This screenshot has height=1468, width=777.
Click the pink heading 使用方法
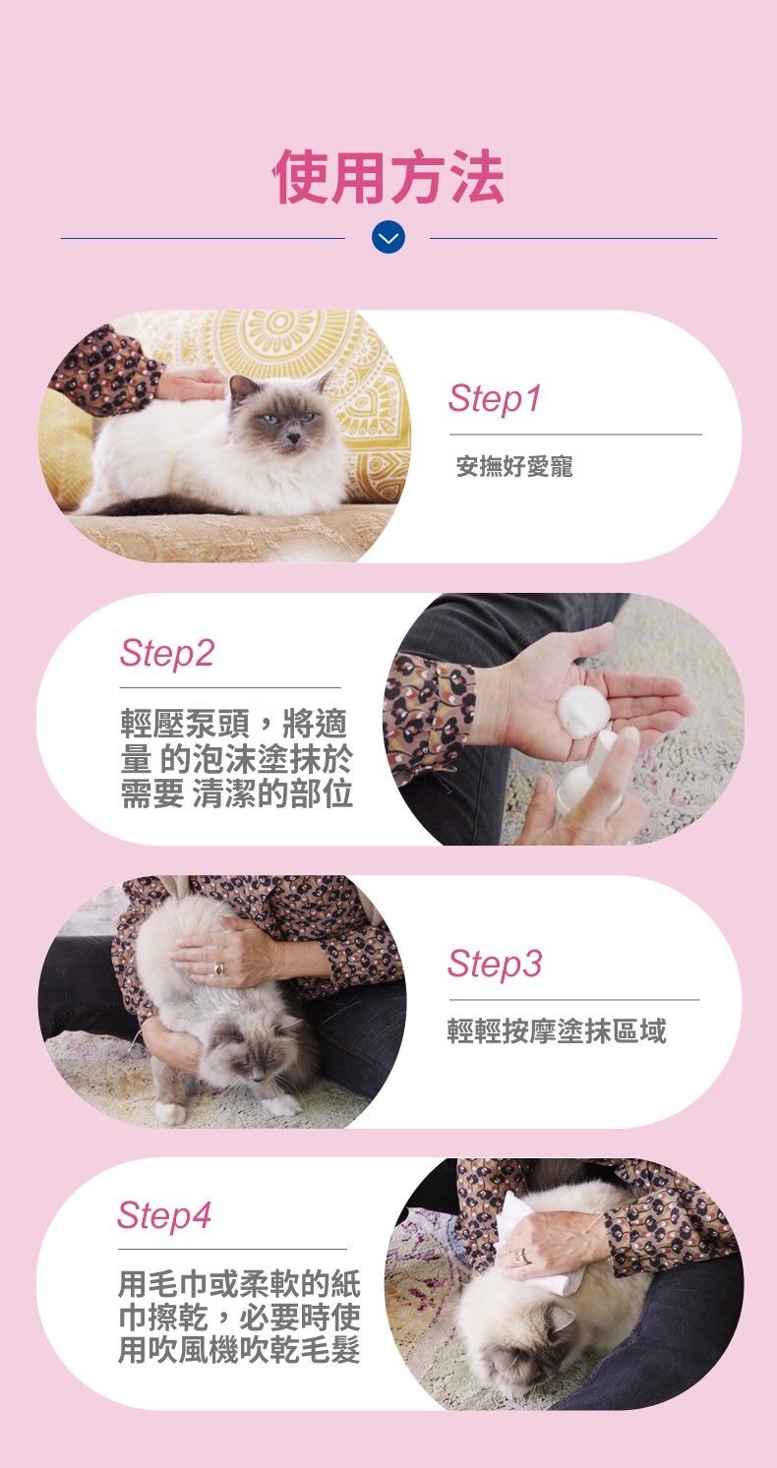pyautogui.click(x=389, y=176)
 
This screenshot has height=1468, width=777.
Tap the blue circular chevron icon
pyautogui.click(x=388, y=238)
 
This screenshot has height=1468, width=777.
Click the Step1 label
pyautogui.click(x=495, y=398)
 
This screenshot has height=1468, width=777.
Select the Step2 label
pyautogui.click(x=166, y=653)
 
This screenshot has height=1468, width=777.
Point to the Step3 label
pyautogui.click(x=495, y=964)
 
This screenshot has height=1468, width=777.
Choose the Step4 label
pyautogui.click(x=164, y=1215)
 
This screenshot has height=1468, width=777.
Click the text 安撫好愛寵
pyautogui.click(x=514, y=467)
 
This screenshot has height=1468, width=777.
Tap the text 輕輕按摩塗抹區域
pyautogui.click(x=556, y=1030)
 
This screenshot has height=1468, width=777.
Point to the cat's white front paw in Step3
pyautogui.click(x=170, y=1113)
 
